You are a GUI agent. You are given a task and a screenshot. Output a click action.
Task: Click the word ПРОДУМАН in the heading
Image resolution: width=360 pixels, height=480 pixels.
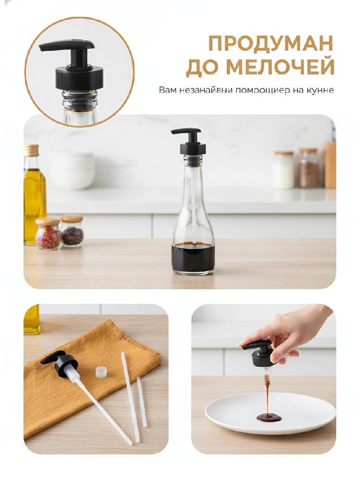(x=271, y=44)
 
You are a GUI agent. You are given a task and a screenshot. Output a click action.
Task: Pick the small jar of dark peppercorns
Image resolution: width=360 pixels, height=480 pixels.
(x=72, y=231)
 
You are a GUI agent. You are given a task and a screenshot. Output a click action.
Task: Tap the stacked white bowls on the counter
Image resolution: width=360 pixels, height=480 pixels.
(x=72, y=170)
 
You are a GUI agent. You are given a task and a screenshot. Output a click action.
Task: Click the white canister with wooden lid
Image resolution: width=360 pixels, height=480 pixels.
(x=283, y=169)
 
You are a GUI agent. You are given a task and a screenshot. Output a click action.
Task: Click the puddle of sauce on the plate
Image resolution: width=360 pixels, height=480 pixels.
(x=269, y=417)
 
